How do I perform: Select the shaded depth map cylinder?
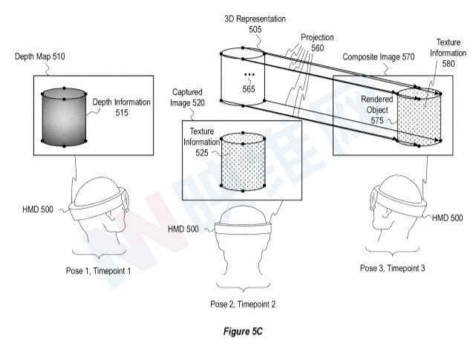[65, 117]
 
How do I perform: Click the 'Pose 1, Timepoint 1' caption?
[97, 271]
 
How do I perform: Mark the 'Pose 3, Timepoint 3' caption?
[391, 266]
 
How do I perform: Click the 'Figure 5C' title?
[237, 332]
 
